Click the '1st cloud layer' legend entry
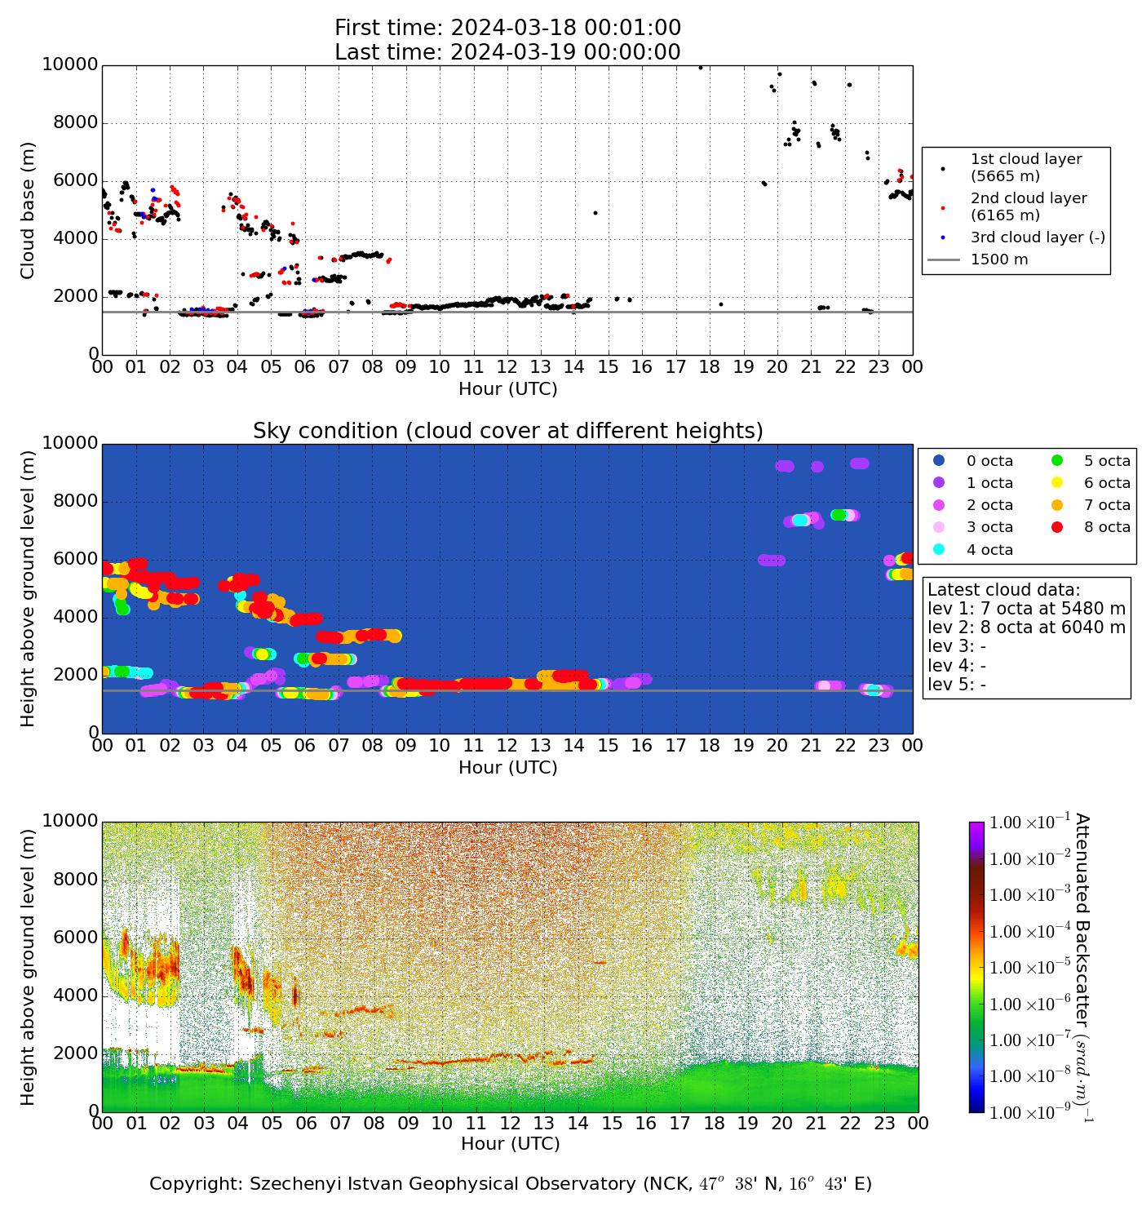(1025, 167)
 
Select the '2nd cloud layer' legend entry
(1028, 206)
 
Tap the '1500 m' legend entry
(998, 259)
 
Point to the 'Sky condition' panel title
(507, 431)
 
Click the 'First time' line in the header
(507, 28)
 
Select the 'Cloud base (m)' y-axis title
(28, 211)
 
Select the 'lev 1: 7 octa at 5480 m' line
(1026, 609)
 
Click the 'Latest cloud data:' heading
(1003, 590)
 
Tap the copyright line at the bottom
(510, 1184)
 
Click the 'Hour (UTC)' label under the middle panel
(507, 768)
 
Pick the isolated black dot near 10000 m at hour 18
(700, 68)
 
